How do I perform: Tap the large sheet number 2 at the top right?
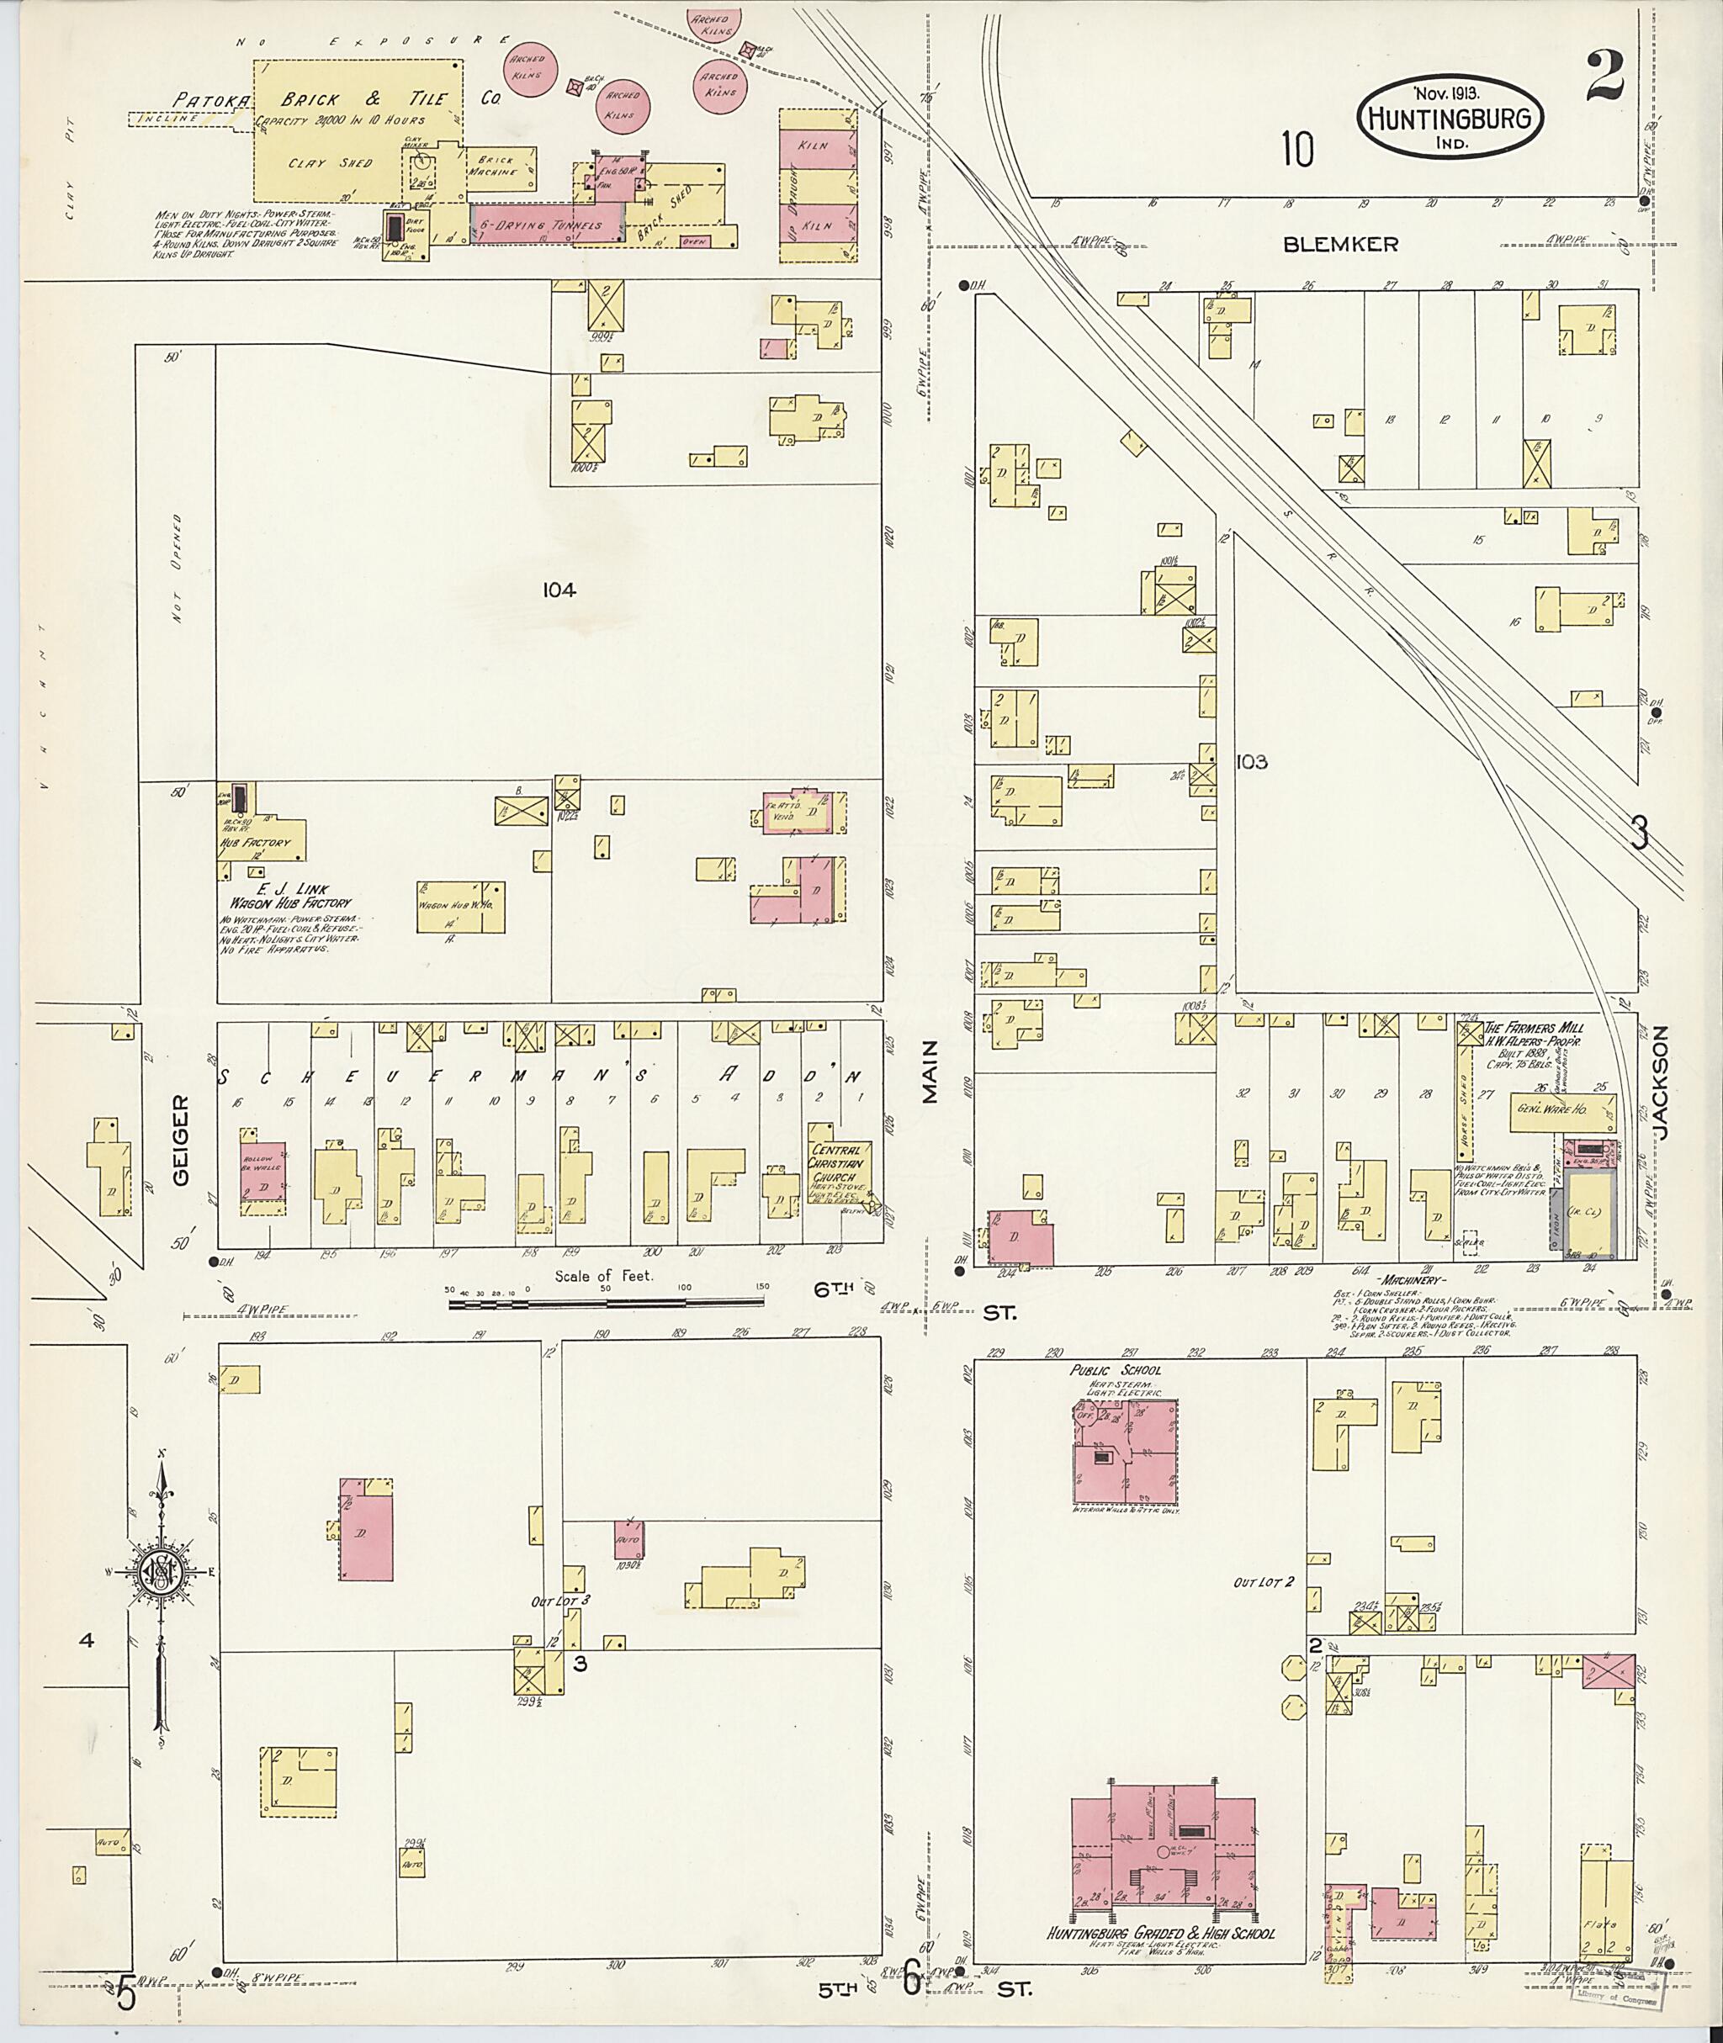[x=1605, y=77]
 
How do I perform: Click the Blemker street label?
[x=1340, y=245]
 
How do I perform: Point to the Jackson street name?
[x=1662, y=1087]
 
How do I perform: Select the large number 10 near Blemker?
[x=1298, y=150]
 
